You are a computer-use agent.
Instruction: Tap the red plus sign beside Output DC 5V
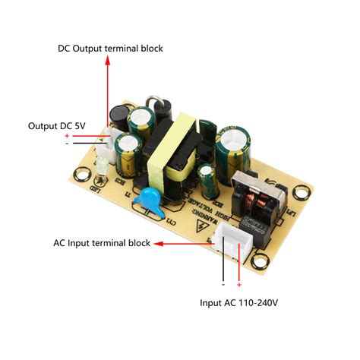pyautogui.click(x=67, y=135)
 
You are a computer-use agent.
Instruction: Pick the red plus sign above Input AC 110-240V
pyautogui.click(x=238, y=285)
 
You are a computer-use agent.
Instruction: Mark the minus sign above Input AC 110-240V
pyautogui.click(x=223, y=285)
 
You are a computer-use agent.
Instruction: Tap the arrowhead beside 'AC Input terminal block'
pyautogui.click(x=158, y=244)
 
